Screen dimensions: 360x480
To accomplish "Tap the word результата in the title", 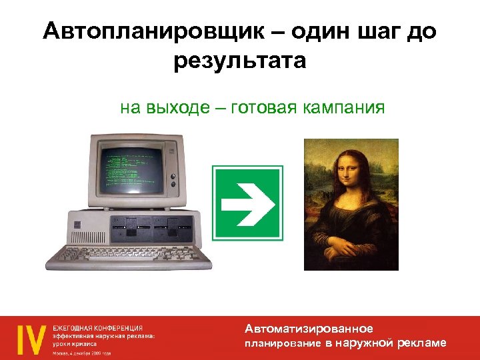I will click(240, 61).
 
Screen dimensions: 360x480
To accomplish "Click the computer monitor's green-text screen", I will click(131, 166).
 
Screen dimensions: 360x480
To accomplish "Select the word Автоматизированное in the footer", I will click(309, 329).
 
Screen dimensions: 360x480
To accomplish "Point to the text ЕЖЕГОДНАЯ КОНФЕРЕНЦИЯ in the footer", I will click(98, 328).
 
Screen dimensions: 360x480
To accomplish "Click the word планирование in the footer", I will click(283, 343).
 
